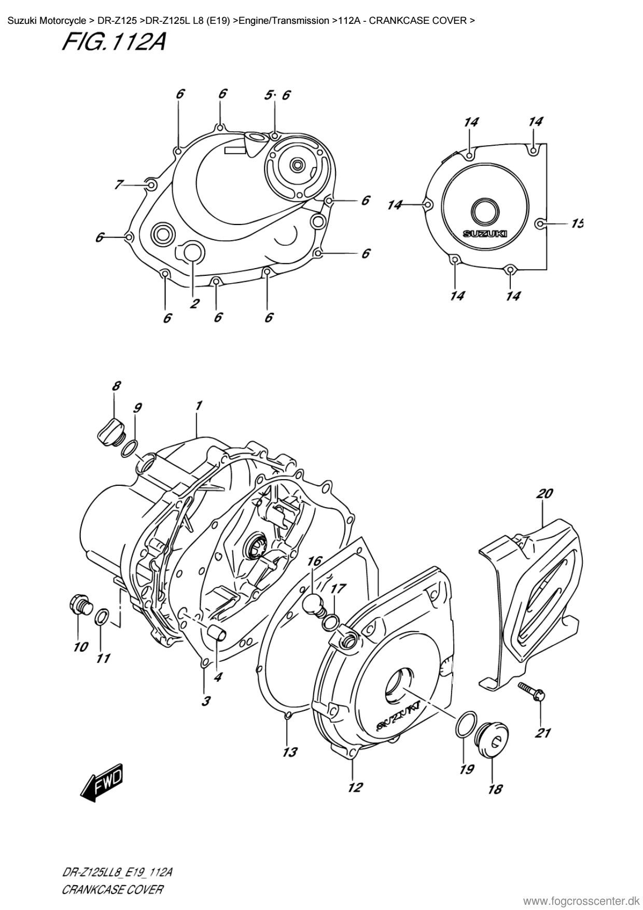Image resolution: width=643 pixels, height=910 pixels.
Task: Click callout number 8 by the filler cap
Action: pos(116,386)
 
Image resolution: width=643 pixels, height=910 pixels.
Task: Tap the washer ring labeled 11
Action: pos(102,617)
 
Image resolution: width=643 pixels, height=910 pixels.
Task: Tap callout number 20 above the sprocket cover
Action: pos(544,494)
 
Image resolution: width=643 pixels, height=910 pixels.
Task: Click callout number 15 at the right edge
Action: pos(577,223)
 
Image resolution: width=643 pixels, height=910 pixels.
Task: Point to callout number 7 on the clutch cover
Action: pos(119,184)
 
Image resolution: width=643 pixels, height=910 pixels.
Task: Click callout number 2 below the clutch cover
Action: pos(194,303)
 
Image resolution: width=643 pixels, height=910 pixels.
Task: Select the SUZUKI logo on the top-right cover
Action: pos(485,234)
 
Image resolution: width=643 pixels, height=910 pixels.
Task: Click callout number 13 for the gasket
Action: pos(290,752)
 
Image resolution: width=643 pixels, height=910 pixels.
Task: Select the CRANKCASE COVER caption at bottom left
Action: pos(112,890)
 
